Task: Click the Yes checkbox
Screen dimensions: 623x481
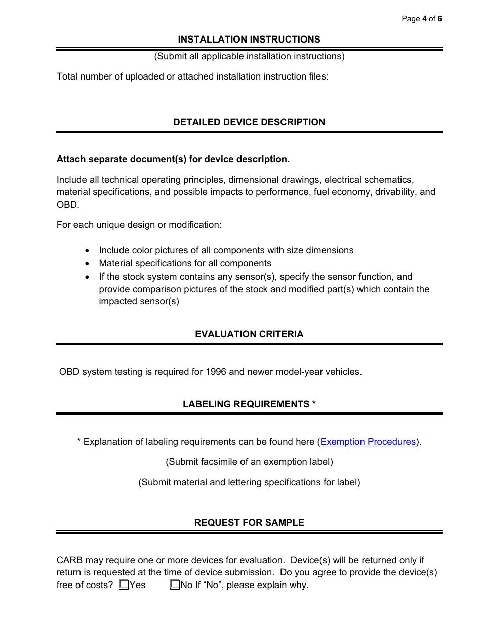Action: tap(124, 585)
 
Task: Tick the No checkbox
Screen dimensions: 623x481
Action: tap(175, 585)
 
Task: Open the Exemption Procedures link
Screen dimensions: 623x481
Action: tap(368, 442)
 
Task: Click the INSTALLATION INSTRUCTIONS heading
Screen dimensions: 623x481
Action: tap(249, 40)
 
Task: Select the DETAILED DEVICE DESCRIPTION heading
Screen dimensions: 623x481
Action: tap(249, 122)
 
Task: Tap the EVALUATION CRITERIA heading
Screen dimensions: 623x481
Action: tap(249, 334)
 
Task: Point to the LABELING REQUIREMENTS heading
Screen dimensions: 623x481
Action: tap(249, 404)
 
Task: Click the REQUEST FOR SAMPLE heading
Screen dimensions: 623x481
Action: tap(249, 523)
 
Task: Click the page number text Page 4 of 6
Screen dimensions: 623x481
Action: tap(422, 19)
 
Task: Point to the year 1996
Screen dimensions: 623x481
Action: tap(216, 372)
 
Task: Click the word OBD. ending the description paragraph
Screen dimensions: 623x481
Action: tap(68, 205)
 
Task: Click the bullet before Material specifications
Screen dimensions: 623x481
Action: tap(89, 264)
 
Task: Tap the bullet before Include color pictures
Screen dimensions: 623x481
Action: tap(89, 251)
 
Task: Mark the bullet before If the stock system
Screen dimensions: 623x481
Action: tap(89, 277)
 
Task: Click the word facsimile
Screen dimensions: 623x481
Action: tap(219, 462)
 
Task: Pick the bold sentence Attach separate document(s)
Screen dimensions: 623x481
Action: tap(173, 159)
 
